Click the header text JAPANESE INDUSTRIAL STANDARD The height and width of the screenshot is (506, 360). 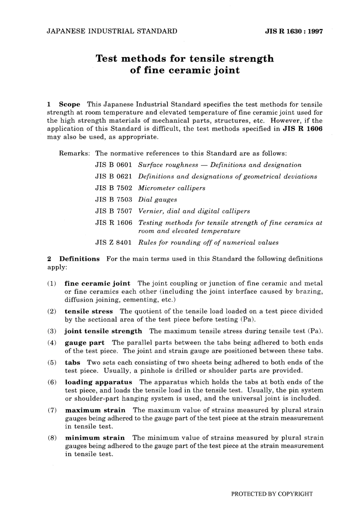(112, 31)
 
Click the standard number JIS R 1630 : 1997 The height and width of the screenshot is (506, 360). (294, 31)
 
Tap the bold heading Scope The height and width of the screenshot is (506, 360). (70, 104)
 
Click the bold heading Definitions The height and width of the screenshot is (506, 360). (79, 259)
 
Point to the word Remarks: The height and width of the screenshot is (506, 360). (75, 154)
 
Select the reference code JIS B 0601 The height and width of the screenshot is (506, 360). (114, 165)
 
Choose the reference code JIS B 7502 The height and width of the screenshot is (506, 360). (114, 188)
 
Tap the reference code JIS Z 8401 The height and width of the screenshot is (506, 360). (114, 243)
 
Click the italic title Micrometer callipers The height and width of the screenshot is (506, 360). (172, 188)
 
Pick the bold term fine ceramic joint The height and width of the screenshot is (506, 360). (97, 284)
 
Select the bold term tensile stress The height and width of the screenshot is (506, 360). (89, 311)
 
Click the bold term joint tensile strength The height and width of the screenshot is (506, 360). (103, 331)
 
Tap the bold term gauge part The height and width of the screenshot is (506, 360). (85, 343)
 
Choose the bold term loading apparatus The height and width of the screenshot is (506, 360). (99, 382)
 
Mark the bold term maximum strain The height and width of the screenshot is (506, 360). (95, 410)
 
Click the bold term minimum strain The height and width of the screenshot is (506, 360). (95, 438)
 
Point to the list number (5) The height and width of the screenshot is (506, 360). (52, 362)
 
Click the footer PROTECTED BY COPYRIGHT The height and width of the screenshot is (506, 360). (272, 494)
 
